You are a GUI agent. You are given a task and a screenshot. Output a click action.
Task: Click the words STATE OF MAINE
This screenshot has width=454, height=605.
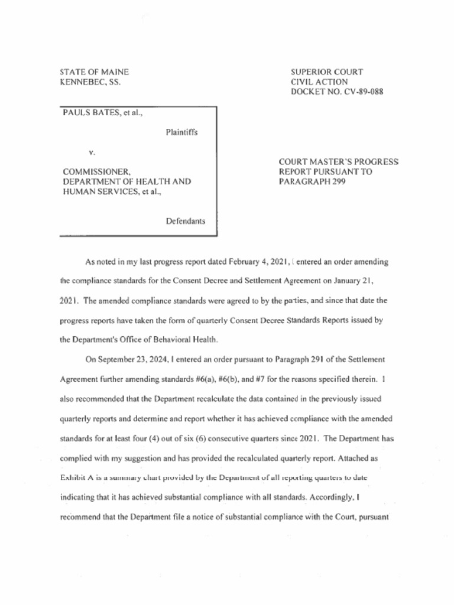[95, 72]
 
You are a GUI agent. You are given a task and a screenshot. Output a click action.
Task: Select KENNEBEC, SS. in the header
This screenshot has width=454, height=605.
[90, 82]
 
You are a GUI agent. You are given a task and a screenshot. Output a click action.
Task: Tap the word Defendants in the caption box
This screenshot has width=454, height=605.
[186, 221]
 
